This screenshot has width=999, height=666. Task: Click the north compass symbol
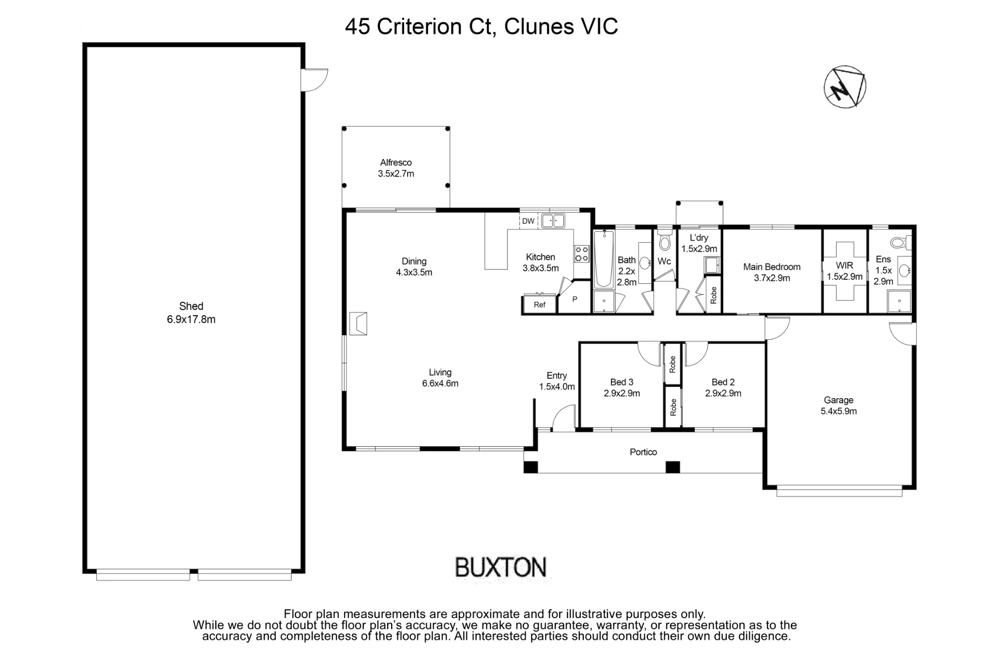[845, 86]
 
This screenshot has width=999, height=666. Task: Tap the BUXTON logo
[501, 568]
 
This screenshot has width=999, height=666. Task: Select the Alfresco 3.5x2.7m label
[396, 168]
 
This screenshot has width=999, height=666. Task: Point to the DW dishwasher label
[528, 221]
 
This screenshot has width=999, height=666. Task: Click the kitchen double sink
[553, 220]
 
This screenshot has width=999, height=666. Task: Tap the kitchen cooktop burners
[581, 253]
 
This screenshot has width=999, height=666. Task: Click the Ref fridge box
[539, 304]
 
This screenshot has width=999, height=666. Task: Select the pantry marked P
[574, 298]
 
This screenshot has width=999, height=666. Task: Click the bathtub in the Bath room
[604, 259]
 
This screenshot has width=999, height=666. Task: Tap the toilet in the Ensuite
[900, 243]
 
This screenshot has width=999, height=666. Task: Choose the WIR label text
[845, 265]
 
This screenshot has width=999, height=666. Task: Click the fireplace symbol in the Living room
[358, 323]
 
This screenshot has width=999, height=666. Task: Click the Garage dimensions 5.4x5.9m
[839, 411]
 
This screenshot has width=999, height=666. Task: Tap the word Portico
[643, 452]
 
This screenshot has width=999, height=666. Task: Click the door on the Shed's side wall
[315, 80]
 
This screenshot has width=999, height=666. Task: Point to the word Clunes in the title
[539, 26]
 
